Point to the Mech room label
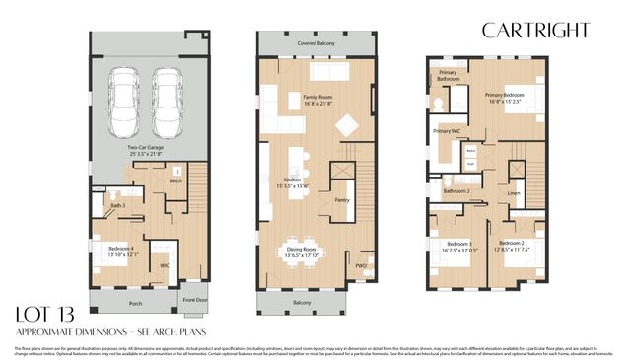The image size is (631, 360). (175, 181)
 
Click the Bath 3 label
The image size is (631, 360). (116, 205)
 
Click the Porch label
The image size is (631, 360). (135, 303)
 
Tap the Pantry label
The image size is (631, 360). (342, 199)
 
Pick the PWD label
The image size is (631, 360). (362, 265)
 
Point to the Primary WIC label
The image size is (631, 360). (448, 130)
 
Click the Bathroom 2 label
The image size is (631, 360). (455, 190)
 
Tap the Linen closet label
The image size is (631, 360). (514, 193)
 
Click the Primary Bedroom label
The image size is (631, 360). (507, 94)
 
